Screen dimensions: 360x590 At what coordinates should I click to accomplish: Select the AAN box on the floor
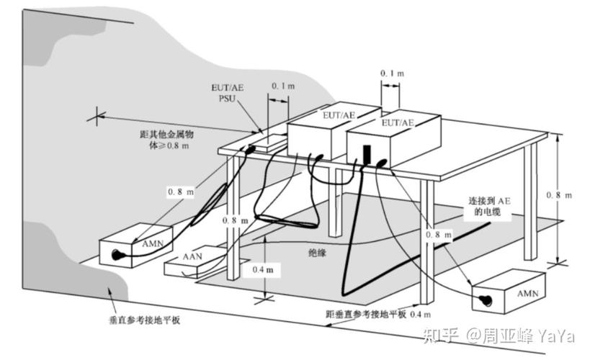(x=190, y=266)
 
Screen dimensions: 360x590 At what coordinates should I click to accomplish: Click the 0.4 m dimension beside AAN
(x=262, y=269)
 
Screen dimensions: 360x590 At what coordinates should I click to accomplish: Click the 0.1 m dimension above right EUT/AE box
(x=392, y=74)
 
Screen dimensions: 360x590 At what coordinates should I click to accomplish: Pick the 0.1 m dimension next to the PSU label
(x=283, y=86)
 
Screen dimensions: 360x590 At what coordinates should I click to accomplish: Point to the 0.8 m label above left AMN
(x=181, y=192)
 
